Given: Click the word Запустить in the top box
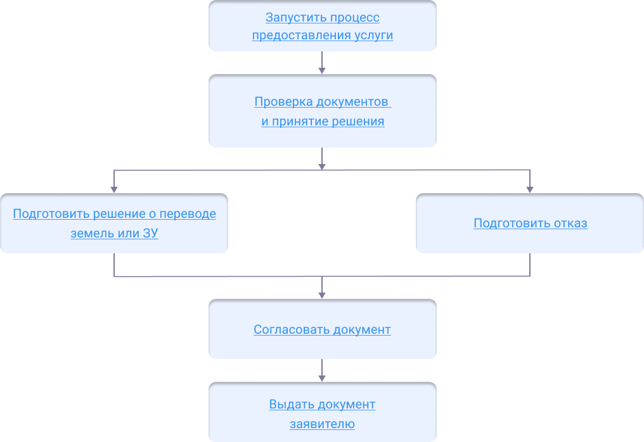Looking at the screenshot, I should (290, 17).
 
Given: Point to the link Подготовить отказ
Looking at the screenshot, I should (530, 224).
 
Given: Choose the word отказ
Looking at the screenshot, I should (570, 224).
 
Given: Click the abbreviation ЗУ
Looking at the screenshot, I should (150, 234).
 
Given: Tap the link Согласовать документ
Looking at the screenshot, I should (322, 330).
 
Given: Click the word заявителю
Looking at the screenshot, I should (322, 424).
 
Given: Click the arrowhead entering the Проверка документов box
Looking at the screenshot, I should (322, 70).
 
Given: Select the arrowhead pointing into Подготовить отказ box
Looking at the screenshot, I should (530, 189).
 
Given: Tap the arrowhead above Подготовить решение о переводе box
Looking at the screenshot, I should (114, 189).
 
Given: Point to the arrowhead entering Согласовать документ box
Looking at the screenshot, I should (322, 295).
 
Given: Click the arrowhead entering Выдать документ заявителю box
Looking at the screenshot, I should (322, 378).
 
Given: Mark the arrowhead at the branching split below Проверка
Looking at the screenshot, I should (322, 166).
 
